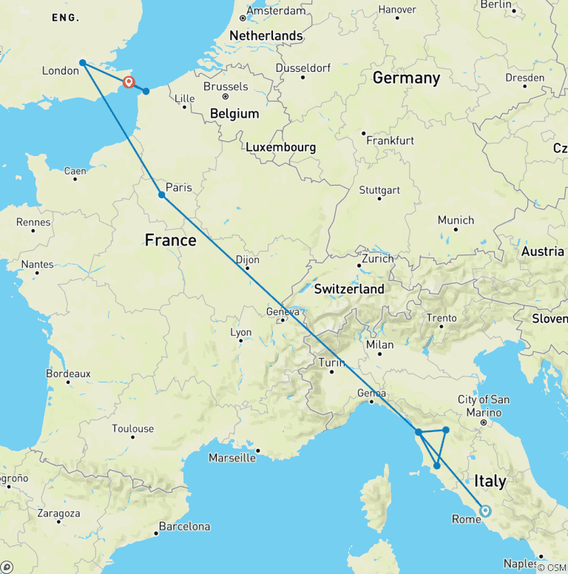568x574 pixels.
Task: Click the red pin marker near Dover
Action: pyautogui.click(x=129, y=81)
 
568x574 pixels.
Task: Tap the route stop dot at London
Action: pyautogui.click(x=83, y=63)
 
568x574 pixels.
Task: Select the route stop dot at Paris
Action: pyautogui.click(x=161, y=195)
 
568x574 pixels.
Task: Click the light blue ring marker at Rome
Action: pyautogui.click(x=485, y=510)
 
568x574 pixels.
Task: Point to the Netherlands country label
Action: pyautogui.click(x=266, y=36)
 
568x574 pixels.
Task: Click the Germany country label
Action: pyautogui.click(x=406, y=78)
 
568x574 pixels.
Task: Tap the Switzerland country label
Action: pyautogui.click(x=349, y=288)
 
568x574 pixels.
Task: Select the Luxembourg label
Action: pyautogui.click(x=281, y=147)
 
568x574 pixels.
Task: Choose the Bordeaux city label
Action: pyautogui.click(x=68, y=374)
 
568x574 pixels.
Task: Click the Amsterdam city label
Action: pyautogui.click(x=277, y=11)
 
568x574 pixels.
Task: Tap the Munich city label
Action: pyautogui.click(x=456, y=220)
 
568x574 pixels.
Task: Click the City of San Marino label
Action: pyautogui.click(x=484, y=405)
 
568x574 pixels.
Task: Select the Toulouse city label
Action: pyautogui.click(x=133, y=428)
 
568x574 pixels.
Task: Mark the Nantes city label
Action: pyautogui.click(x=38, y=264)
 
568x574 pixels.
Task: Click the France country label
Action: pyautogui.click(x=170, y=240)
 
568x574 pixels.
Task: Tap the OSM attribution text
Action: pyautogui.click(x=551, y=567)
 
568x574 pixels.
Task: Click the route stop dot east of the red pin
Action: pyautogui.click(x=146, y=91)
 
